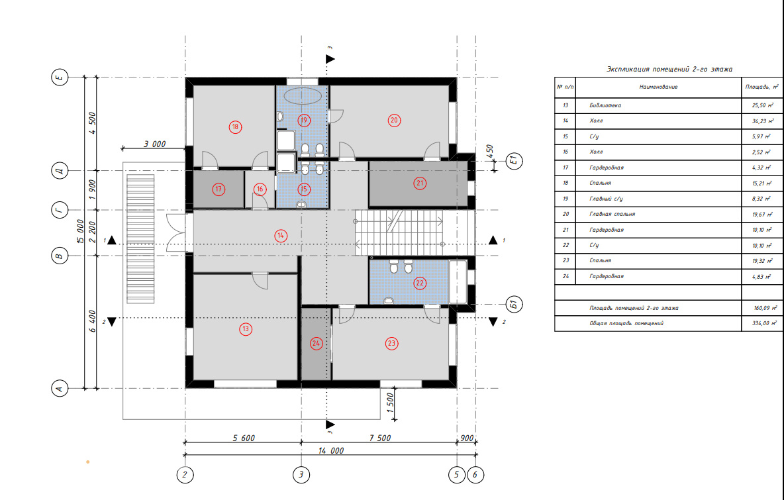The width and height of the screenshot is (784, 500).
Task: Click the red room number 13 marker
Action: coord(246,329)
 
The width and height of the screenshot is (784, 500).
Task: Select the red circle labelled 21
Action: coord(420,183)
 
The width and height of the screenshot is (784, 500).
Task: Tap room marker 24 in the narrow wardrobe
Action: coord(315,343)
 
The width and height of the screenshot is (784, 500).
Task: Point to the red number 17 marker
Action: coord(219,189)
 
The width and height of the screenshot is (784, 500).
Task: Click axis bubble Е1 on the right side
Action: coord(514,160)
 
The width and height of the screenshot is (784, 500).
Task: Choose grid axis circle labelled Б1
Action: coord(513,304)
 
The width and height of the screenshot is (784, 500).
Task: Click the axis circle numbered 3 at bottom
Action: coord(301,474)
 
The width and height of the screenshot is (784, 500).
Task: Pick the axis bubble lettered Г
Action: coord(60,210)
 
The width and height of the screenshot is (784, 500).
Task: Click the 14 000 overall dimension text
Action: coord(331,450)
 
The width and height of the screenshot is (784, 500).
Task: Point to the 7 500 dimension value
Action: coord(380,438)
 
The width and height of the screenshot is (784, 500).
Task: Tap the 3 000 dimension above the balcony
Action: coord(154,144)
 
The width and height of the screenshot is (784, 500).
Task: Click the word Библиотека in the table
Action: coord(605,105)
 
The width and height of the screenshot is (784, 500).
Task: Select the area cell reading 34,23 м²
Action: coord(763,121)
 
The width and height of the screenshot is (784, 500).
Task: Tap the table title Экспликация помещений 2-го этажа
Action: coord(669,69)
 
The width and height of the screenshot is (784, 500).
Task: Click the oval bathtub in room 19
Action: coord(302,96)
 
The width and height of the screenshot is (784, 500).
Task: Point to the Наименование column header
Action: coord(658,87)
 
